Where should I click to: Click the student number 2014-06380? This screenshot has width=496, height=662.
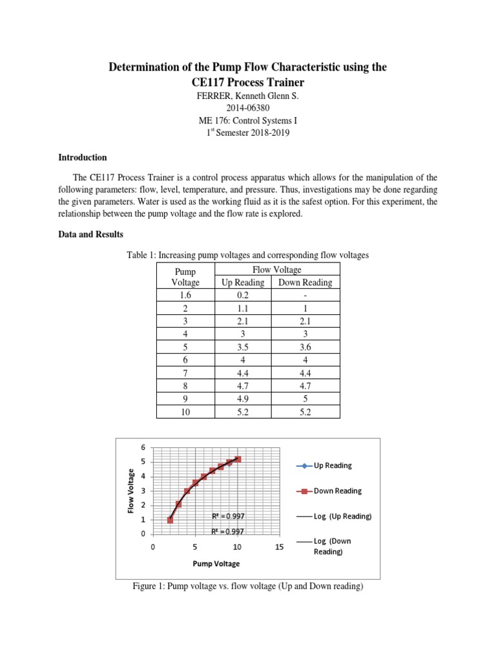point(247,108)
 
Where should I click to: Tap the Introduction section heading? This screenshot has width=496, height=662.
point(83,158)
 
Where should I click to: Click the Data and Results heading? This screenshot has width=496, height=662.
point(90,235)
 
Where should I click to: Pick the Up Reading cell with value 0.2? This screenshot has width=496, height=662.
point(243,295)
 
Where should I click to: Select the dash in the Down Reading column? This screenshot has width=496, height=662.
point(305,295)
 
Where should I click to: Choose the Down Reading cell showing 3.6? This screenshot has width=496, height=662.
point(305,347)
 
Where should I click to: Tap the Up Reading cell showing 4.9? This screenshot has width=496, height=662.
point(243,398)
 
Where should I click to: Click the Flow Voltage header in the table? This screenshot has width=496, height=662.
point(274,270)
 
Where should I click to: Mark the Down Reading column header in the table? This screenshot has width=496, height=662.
point(305,282)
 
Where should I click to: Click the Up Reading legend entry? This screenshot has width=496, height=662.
point(333,465)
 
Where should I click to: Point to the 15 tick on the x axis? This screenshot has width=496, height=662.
point(280,547)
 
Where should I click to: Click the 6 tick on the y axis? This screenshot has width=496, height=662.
point(143,447)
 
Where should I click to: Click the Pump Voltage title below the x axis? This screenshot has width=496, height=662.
point(216,564)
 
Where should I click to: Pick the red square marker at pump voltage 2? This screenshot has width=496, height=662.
point(170,520)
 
